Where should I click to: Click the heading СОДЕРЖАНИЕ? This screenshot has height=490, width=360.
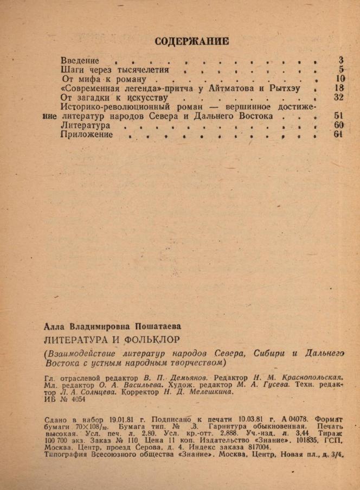pyautogui.click(x=191, y=41)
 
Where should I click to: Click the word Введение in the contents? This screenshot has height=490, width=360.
pyautogui.click(x=80, y=60)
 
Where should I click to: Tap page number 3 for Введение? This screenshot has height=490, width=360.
pyautogui.click(x=341, y=60)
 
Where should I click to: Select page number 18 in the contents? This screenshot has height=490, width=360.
pyautogui.click(x=339, y=88)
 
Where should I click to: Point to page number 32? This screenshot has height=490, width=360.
pyautogui.click(x=339, y=97)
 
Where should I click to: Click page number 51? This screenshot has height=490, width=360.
pyautogui.click(x=339, y=116)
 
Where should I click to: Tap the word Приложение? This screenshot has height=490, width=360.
pyautogui.click(x=87, y=135)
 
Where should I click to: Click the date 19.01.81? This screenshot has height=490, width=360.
pyautogui.click(x=120, y=419)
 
